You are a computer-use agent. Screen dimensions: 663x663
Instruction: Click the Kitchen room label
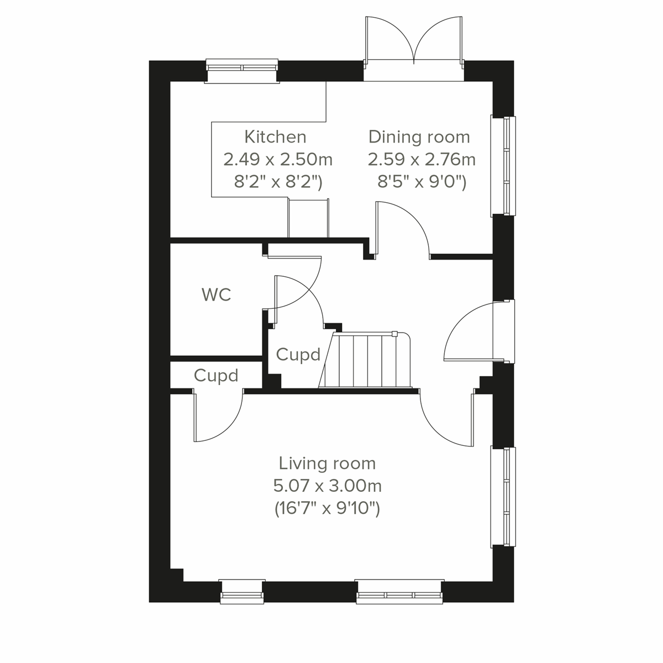click(275, 136)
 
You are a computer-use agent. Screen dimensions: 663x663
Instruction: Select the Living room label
click(327, 463)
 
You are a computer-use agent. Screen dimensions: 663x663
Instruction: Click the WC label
click(217, 295)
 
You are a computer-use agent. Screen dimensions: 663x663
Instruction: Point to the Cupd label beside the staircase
click(298, 355)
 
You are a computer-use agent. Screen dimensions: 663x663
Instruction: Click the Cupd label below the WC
click(216, 376)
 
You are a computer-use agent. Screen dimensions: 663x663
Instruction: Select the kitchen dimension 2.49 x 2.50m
click(278, 160)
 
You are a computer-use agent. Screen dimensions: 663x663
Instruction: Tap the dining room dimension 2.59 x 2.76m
click(422, 160)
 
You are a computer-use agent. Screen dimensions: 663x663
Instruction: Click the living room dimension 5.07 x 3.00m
click(328, 486)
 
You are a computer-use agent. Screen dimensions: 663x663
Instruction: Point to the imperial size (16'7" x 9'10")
click(328, 508)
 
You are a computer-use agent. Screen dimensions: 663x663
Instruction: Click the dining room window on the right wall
click(504, 166)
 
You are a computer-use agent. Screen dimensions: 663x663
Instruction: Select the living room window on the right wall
click(504, 497)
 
